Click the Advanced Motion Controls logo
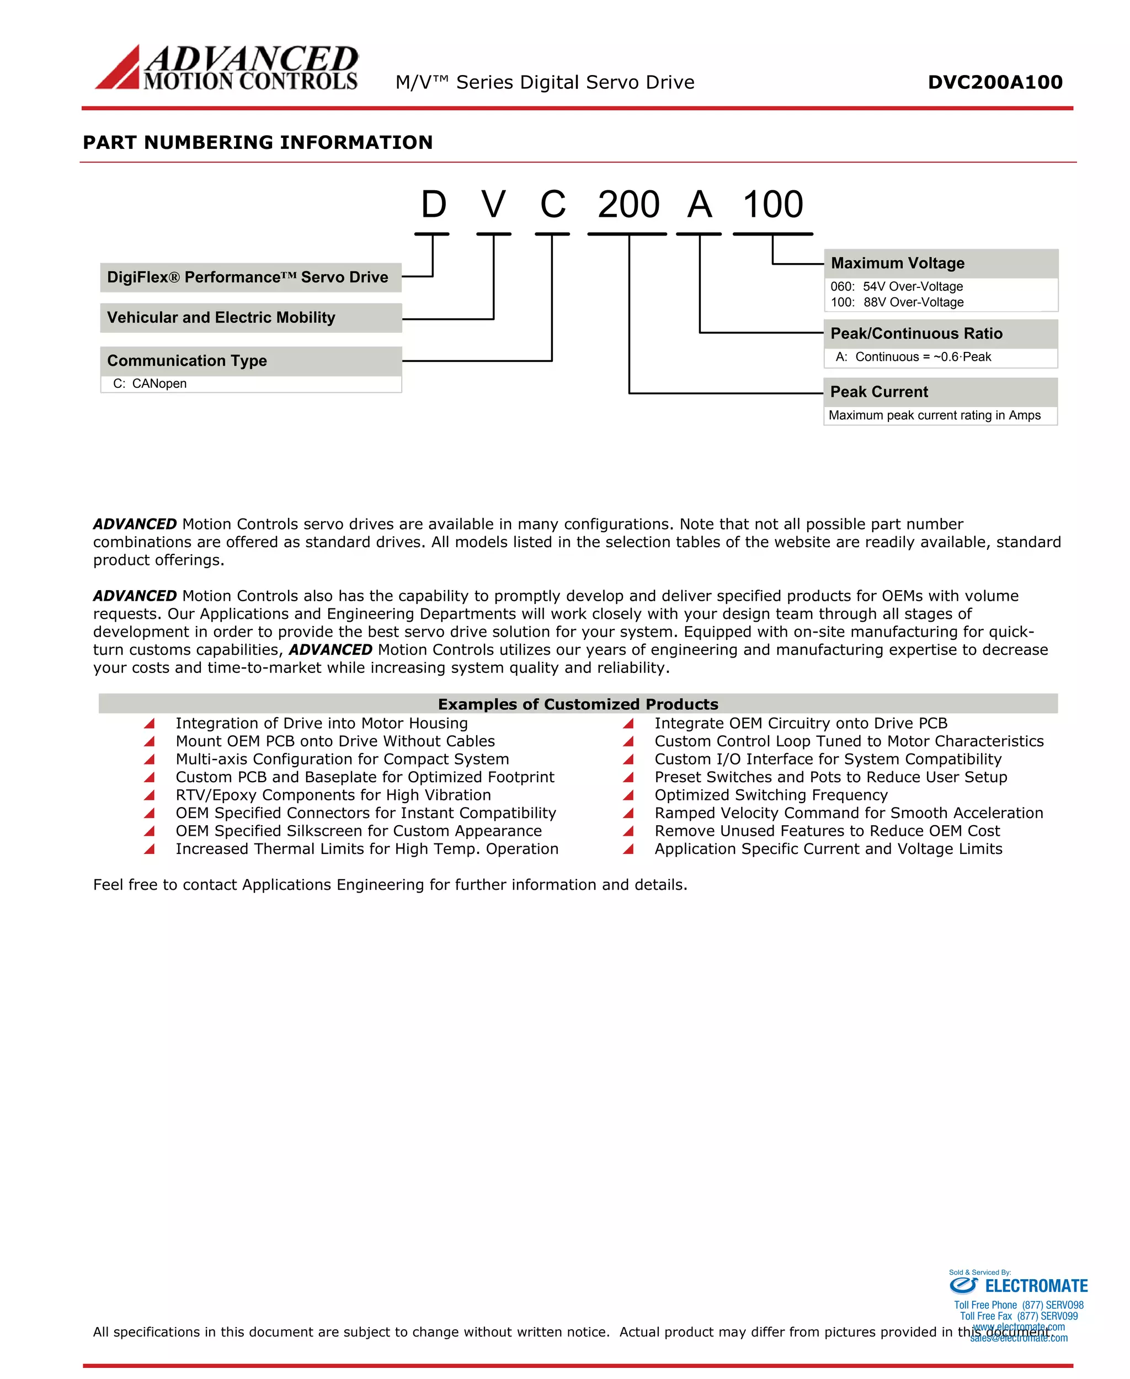click(x=227, y=67)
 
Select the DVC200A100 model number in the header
click(x=995, y=82)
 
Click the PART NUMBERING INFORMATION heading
click(x=258, y=142)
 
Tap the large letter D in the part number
click(x=434, y=205)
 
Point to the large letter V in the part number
click(x=493, y=205)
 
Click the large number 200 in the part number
click(x=628, y=205)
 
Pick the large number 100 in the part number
click(x=772, y=205)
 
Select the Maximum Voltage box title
click(x=898, y=264)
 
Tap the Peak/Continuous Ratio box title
click(x=916, y=334)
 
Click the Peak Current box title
click(x=879, y=392)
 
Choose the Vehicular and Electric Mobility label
click(x=221, y=318)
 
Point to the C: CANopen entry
click(x=150, y=384)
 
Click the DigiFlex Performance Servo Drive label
click(x=247, y=277)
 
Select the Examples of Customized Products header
click(x=578, y=704)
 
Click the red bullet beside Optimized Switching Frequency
click(x=628, y=795)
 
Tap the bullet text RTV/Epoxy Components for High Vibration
click(x=333, y=795)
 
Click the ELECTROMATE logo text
click(x=1036, y=1286)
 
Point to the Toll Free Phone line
click(x=1019, y=1305)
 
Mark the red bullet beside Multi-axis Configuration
click(x=149, y=760)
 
